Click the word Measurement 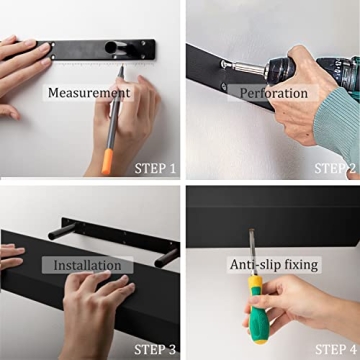pos(89,93)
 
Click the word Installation pos(87,265)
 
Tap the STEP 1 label pos(156,168)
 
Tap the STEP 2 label pos(336,168)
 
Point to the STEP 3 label pos(156,348)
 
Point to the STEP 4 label pos(336,348)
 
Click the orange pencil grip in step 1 pos(108,159)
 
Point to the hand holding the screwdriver pos(300,310)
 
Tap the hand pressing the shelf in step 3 pos(95,310)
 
